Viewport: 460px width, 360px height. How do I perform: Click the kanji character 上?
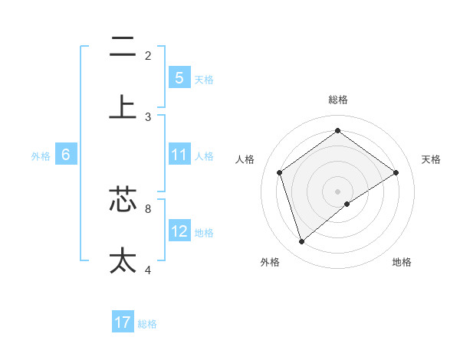[123, 106]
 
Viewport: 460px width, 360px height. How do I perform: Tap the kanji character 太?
[123, 260]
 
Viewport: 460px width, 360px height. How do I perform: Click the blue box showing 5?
[179, 77]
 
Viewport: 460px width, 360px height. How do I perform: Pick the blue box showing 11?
[179, 155]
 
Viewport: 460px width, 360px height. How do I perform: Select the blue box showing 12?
[179, 231]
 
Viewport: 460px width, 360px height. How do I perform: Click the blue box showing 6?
[66, 155]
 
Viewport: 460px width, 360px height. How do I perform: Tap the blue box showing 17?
[123, 322]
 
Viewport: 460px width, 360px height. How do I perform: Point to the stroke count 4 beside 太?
[148, 270]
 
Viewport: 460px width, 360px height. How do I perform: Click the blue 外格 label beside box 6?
[41, 156]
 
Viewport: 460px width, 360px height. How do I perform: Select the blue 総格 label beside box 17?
[147, 324]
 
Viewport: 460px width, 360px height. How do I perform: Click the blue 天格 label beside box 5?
[204, 79]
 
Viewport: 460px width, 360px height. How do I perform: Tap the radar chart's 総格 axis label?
[338, 100]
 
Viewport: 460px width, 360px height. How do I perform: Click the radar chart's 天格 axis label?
[432, 159]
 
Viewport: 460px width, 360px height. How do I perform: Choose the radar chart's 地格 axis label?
[402, 262]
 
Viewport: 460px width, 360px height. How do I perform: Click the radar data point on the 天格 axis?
[396, 172]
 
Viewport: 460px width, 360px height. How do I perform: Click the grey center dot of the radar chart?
[338, 191]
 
